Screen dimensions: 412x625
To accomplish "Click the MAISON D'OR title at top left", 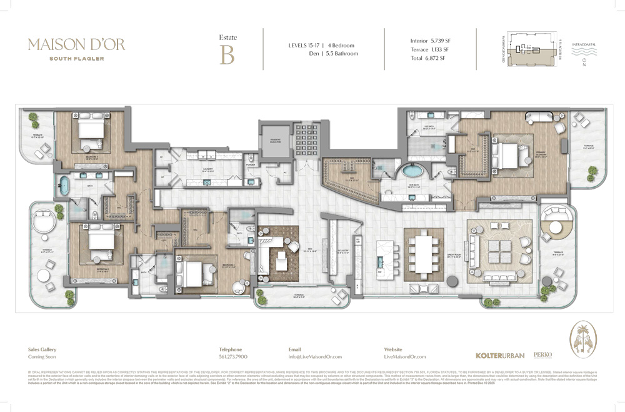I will tap(76, 45).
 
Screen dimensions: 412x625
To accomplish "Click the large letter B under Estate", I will tap(227, 56).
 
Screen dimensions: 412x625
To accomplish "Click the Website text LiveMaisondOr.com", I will tap(404, 356).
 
